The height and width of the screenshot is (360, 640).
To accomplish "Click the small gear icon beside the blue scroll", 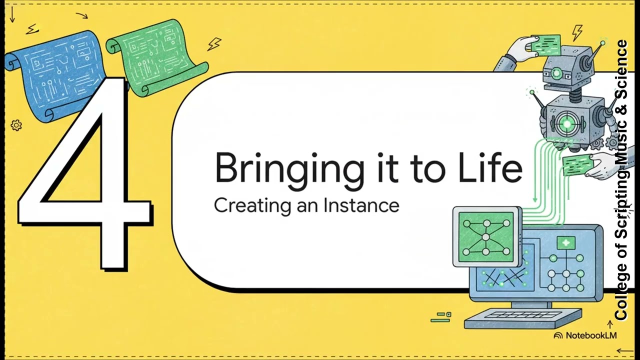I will tap(16, 125).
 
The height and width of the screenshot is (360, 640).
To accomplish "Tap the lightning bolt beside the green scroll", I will tap(214, 44).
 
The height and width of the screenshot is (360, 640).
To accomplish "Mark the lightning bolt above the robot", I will tap(577, 32).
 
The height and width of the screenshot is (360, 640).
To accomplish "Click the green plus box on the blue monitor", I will tap(566, 243).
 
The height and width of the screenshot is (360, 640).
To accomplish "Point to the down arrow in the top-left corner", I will tap(12, 15).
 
